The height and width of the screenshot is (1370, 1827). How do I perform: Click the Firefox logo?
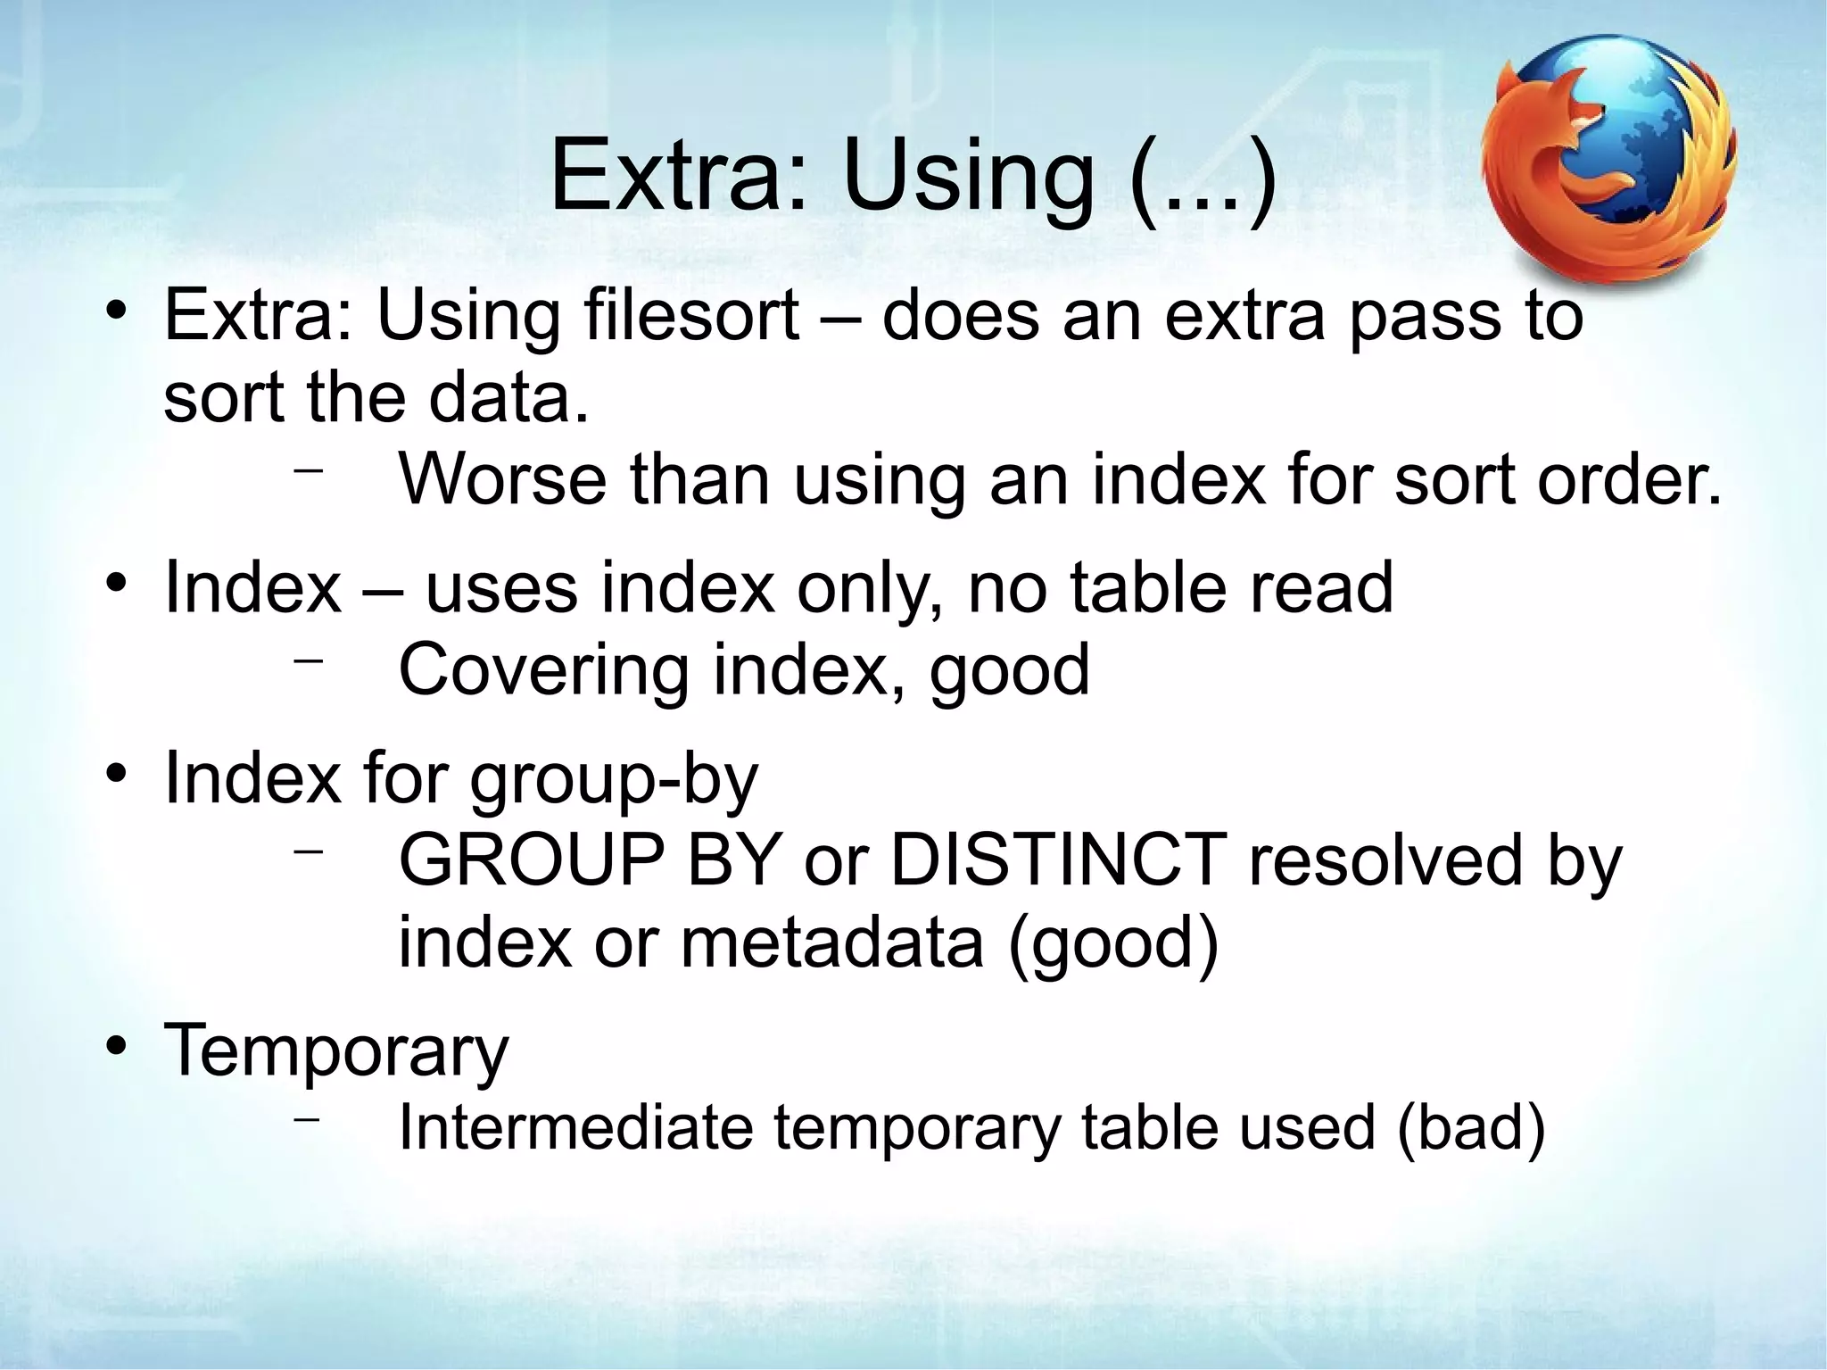click(1608, 159)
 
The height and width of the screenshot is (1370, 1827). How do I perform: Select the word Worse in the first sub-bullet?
click(502, 480)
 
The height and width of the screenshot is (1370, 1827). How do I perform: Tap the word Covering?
click(543, 669)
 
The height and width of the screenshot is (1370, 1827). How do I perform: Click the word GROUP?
click(531, 859)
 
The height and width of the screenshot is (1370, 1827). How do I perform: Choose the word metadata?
click(831, 942)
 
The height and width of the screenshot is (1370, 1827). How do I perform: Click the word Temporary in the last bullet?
click(335, 1050)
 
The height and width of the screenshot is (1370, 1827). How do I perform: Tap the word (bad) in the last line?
click(1469, 1127)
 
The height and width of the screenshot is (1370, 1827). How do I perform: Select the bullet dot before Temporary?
click(114, 1045)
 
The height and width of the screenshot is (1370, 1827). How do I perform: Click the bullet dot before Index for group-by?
click(114, 773)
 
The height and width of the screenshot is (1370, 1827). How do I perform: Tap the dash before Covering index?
click(308, 660)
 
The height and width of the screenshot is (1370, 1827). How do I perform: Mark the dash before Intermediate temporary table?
click(308, 1117)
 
